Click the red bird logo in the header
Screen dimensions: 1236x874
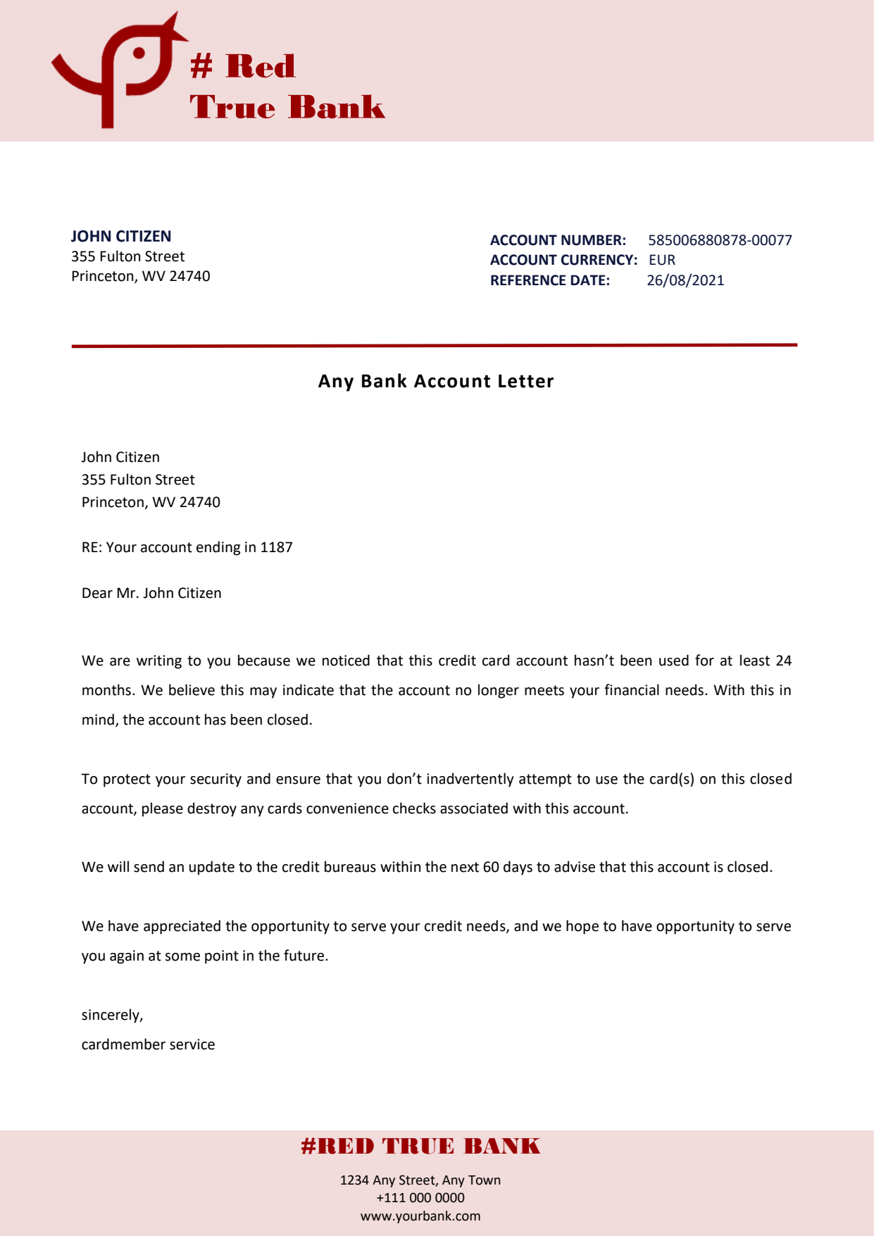click(116, 70)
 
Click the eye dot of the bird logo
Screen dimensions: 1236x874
click(139, 53)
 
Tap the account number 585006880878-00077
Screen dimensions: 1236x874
click(720, 240)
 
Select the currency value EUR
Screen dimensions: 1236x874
click(662, 260)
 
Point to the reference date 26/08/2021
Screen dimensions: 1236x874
click(685, 280)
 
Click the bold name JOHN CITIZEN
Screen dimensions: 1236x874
click(121, 236)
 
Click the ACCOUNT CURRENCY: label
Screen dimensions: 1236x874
click(563, 260)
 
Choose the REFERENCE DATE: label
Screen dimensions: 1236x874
click(550, 280)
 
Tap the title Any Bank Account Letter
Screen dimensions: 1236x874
click(436, 381)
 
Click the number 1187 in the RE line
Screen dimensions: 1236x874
click(276, 547)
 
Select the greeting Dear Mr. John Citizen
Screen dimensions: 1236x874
click(151, 593)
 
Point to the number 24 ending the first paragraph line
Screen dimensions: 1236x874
click(783, 661)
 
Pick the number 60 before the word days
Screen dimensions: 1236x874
click(491, 867)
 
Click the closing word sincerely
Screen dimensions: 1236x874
click(112, 1015)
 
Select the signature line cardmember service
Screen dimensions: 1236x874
click(148, 1044)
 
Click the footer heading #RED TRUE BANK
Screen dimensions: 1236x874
click(420, 1147)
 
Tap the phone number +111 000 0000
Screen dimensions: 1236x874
click(420, 1198)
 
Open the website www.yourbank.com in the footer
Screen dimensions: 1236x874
click(420, 1216)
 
